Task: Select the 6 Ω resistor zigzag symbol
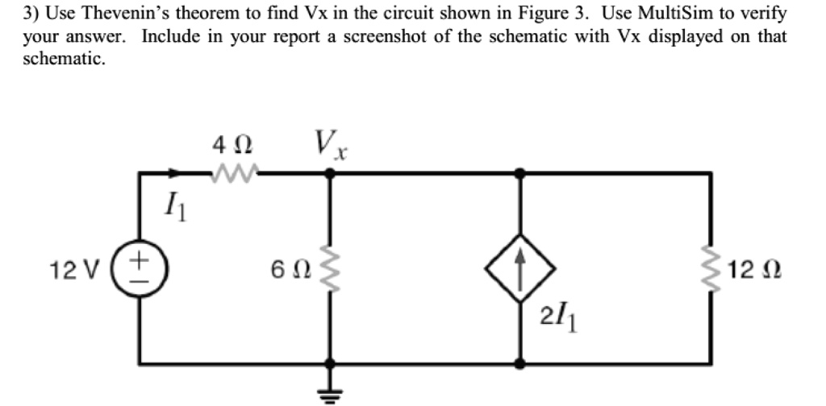point(329,267)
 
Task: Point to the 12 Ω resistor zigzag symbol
point(711,267)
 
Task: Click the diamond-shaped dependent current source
point(520,267)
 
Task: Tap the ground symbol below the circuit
point(329,390)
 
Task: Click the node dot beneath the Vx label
point(329,172)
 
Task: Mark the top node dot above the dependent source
point(520,172)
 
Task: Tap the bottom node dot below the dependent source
point(520,362)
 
